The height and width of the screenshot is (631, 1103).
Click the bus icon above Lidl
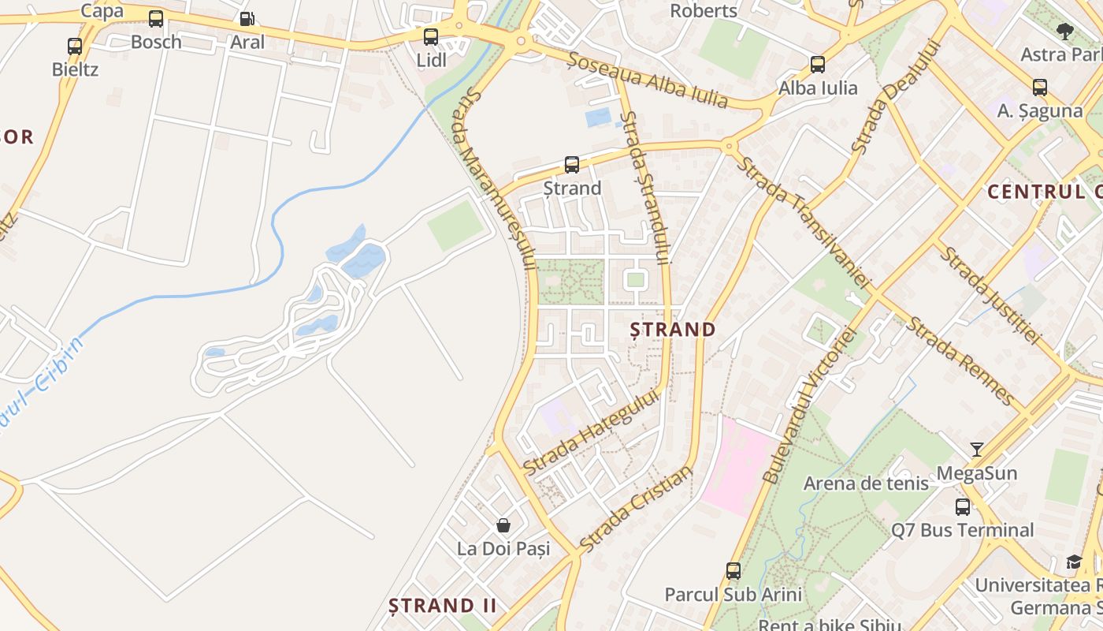430,36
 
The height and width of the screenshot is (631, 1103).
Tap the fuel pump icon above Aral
247,19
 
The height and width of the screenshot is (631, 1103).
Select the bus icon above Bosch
156,19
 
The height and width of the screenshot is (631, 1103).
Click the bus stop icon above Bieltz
75,47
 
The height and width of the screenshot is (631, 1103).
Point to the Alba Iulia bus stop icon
818,65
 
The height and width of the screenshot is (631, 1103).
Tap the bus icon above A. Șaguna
1040,88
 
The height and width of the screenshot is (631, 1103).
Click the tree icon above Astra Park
1065,32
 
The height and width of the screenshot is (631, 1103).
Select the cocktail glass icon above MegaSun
977,450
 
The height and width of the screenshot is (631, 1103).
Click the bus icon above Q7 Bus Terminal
963,507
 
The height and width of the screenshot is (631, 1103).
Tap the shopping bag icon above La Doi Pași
503,525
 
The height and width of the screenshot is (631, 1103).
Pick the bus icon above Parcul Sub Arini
733,571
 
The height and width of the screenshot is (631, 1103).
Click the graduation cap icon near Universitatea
1074,562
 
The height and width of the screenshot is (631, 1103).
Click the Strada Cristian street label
636,509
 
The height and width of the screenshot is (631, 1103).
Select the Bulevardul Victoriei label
809,405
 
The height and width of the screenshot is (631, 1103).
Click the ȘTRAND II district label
443,606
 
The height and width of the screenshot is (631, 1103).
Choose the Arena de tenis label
866,484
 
